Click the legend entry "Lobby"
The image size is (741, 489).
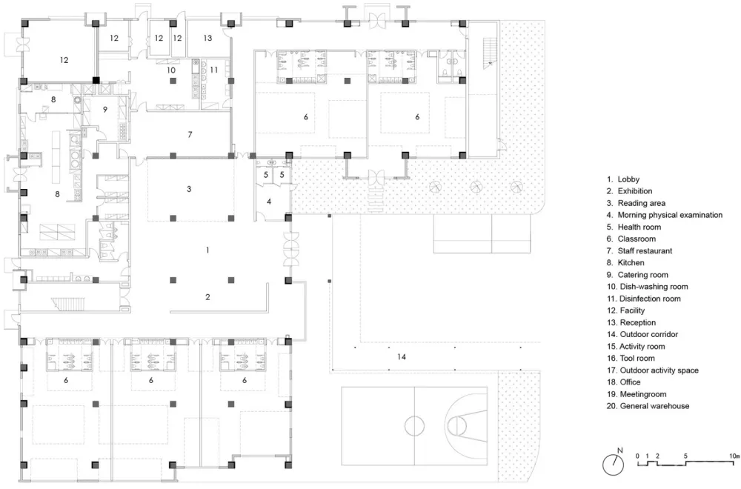pos(628,179)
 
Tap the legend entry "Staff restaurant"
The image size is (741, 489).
pos(644,251)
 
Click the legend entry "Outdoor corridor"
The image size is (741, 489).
pos(648,334)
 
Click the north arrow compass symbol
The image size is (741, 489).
pos(612,464)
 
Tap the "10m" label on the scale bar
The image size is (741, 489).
pos(734,455)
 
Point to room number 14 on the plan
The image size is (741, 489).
pos(401,357)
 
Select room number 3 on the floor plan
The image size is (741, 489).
pos(189,190)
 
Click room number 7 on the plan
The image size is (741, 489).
pos(190,135)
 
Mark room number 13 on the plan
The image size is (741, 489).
pos(207,37)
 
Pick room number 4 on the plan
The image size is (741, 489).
pos(269,201)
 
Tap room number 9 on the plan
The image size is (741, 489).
pos(105,110)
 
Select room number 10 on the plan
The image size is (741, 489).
pos(170,70)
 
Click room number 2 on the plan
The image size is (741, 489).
pos(208,296)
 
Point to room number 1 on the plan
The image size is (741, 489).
pos(208,250)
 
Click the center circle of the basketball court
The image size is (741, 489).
pos(412,425)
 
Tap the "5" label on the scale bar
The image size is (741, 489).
pos(685,455)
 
